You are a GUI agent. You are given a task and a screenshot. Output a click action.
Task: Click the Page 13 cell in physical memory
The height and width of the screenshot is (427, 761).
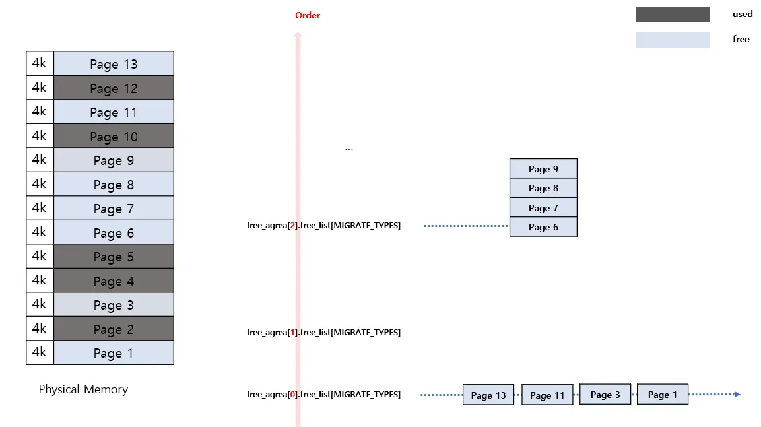pos(114,64)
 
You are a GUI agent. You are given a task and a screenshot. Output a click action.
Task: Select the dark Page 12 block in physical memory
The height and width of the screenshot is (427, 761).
pos(114,88)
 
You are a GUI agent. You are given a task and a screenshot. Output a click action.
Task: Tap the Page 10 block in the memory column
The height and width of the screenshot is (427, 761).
pos(114,137)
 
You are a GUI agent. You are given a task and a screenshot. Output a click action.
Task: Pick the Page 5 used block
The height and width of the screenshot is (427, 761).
pos(114,257)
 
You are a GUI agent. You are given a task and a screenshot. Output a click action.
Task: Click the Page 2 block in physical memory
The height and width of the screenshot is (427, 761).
pos(114,329)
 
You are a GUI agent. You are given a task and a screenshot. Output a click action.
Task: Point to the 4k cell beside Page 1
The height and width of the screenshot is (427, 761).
pos(40,352)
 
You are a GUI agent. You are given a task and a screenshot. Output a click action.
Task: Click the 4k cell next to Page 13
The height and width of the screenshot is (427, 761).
pos(40,64)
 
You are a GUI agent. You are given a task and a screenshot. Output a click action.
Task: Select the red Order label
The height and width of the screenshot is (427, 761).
pos(308,15)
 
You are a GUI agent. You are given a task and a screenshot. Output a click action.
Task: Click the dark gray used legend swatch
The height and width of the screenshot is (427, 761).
pos(673,15)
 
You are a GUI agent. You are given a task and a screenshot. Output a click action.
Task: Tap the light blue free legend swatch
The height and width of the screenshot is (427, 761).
pos(673,40)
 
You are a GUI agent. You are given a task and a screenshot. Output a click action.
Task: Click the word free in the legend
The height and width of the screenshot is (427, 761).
pos(741,39)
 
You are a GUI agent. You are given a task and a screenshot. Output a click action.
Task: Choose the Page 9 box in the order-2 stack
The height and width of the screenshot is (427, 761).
pos(543,169)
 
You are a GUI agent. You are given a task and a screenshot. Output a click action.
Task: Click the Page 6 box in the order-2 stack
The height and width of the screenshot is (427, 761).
pos(543,227)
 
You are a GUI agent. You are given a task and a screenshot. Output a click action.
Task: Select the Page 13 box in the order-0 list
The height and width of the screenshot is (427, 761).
pos(488,395)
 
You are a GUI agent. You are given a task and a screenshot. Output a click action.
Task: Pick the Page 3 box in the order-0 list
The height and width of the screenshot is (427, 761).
pos(605,394)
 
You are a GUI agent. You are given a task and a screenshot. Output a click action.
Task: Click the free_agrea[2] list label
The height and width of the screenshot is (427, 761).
pos(323,226)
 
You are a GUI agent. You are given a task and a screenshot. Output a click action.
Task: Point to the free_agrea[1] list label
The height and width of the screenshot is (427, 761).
pos(323,333)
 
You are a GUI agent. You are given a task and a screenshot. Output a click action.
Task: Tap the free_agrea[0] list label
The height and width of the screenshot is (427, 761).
pos(323,395)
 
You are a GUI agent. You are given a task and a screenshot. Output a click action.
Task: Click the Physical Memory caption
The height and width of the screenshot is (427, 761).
pos(83,389)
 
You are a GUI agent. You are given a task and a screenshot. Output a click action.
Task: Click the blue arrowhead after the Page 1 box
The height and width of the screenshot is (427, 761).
pos(736,395)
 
